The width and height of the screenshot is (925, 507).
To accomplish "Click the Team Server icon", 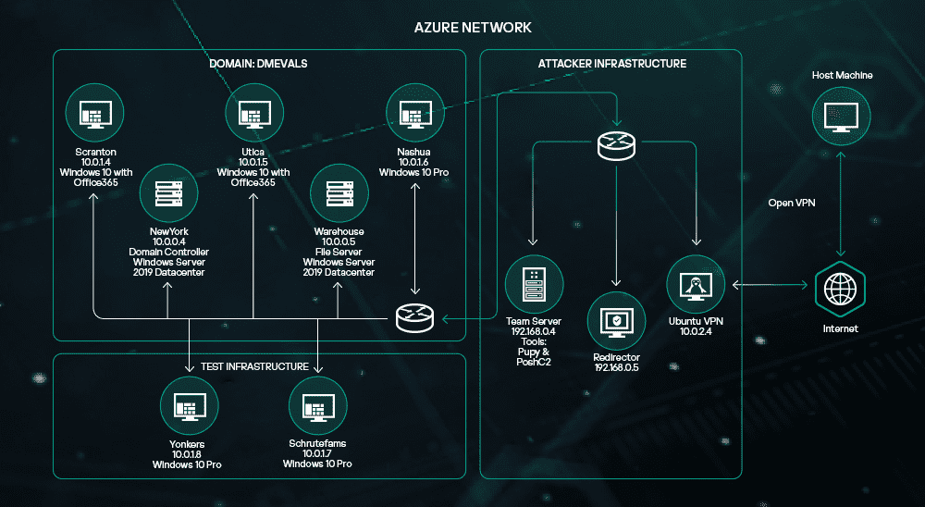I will (530, 283).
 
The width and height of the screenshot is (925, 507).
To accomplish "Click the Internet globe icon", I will (840, 289).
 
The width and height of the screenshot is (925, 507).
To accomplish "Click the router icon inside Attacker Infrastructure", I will (615, 144).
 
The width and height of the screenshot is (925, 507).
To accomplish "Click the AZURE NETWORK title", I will (473, 28).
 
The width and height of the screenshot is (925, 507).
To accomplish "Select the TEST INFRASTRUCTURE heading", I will (254, 366).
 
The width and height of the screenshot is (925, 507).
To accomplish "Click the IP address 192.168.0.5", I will (617, 366).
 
